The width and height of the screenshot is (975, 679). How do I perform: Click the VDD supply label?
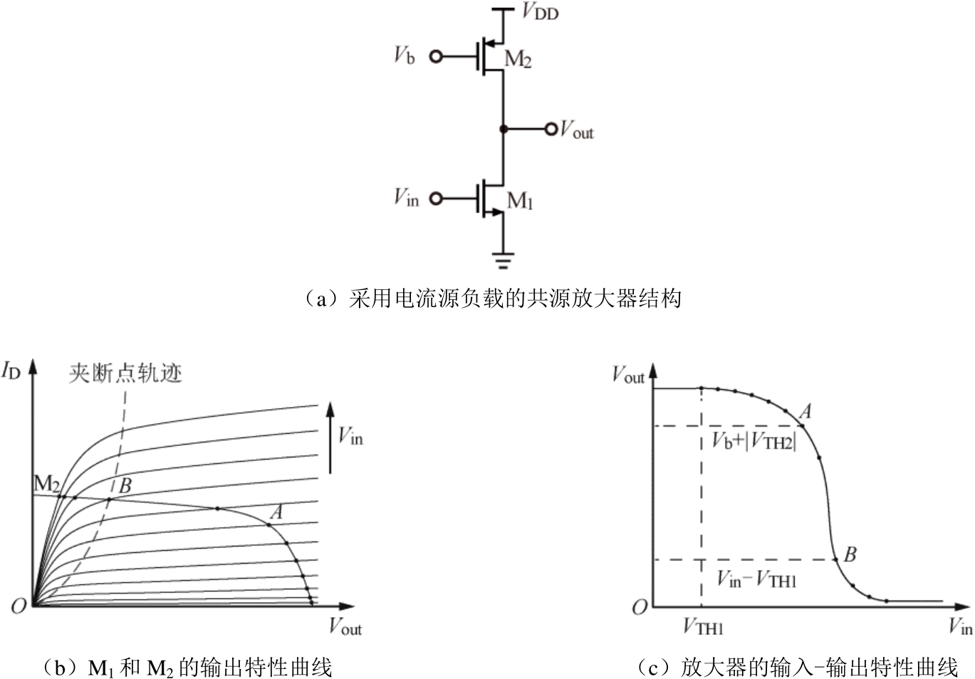540,12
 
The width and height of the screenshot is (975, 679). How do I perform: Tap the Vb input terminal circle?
435,56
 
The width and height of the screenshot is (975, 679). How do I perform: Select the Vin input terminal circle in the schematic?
435,198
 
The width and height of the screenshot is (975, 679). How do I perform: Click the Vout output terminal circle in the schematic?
551,129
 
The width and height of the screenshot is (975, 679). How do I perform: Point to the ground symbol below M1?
504,261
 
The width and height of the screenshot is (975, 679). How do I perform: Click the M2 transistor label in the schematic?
518,59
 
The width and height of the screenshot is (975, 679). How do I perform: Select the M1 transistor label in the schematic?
520,202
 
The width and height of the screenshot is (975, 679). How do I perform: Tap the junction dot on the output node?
504,129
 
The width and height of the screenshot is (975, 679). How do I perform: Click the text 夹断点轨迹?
125,373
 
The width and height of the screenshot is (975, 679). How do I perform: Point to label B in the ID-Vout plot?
125,486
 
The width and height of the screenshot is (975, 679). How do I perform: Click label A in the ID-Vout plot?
276,512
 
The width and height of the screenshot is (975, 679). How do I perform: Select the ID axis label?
11,371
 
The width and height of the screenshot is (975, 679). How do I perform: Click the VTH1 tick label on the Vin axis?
703,627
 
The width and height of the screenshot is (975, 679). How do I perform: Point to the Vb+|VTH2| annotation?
754,442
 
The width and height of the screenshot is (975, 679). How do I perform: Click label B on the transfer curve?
850,554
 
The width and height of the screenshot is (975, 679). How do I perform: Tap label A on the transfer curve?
805,411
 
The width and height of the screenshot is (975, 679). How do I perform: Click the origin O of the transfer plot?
640,608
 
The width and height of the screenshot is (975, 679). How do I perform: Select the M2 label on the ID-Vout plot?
46,484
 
